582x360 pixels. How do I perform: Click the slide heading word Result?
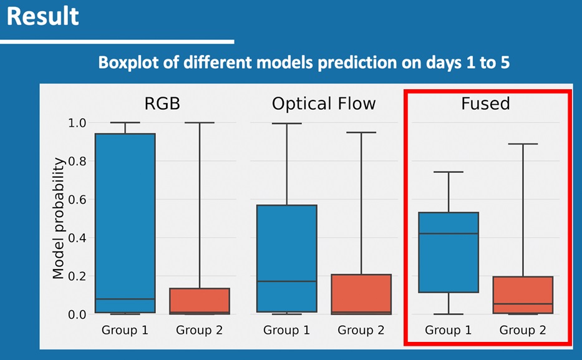click(x=42, y=16)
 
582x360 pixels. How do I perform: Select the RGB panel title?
click(x=162, y=104)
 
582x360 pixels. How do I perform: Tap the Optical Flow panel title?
click(x=324, y=104)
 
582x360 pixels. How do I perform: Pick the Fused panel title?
click(x=485, y=104)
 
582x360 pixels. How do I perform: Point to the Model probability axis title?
click(x=58, y=218)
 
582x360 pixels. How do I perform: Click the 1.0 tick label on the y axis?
click(x=77, y=123)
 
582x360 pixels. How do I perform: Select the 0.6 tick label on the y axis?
click(x=77, y=200)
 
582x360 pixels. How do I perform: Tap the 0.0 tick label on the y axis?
click(x=77, y=314)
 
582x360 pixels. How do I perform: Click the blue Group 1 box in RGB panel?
click(x=125, y=223)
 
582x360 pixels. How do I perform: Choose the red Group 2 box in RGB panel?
click(x=200, y=301)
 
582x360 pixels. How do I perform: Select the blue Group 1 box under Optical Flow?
click(x=287, y=258)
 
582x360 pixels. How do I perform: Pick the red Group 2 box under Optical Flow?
click(x=361, y=294)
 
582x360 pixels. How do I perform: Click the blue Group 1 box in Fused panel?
click(x=449, y=252)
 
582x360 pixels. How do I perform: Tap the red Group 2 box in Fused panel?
click(x=523, y=295)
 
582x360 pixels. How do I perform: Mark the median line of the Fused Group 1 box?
click(x=449, y=233)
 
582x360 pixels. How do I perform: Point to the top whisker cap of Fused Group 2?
click(x=523, y=144)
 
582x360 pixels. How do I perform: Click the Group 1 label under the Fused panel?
click(x=449, y=330)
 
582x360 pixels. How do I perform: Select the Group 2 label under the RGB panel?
click(x=200, y=330)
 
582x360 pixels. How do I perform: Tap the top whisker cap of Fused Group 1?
click(x=449, y=172)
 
